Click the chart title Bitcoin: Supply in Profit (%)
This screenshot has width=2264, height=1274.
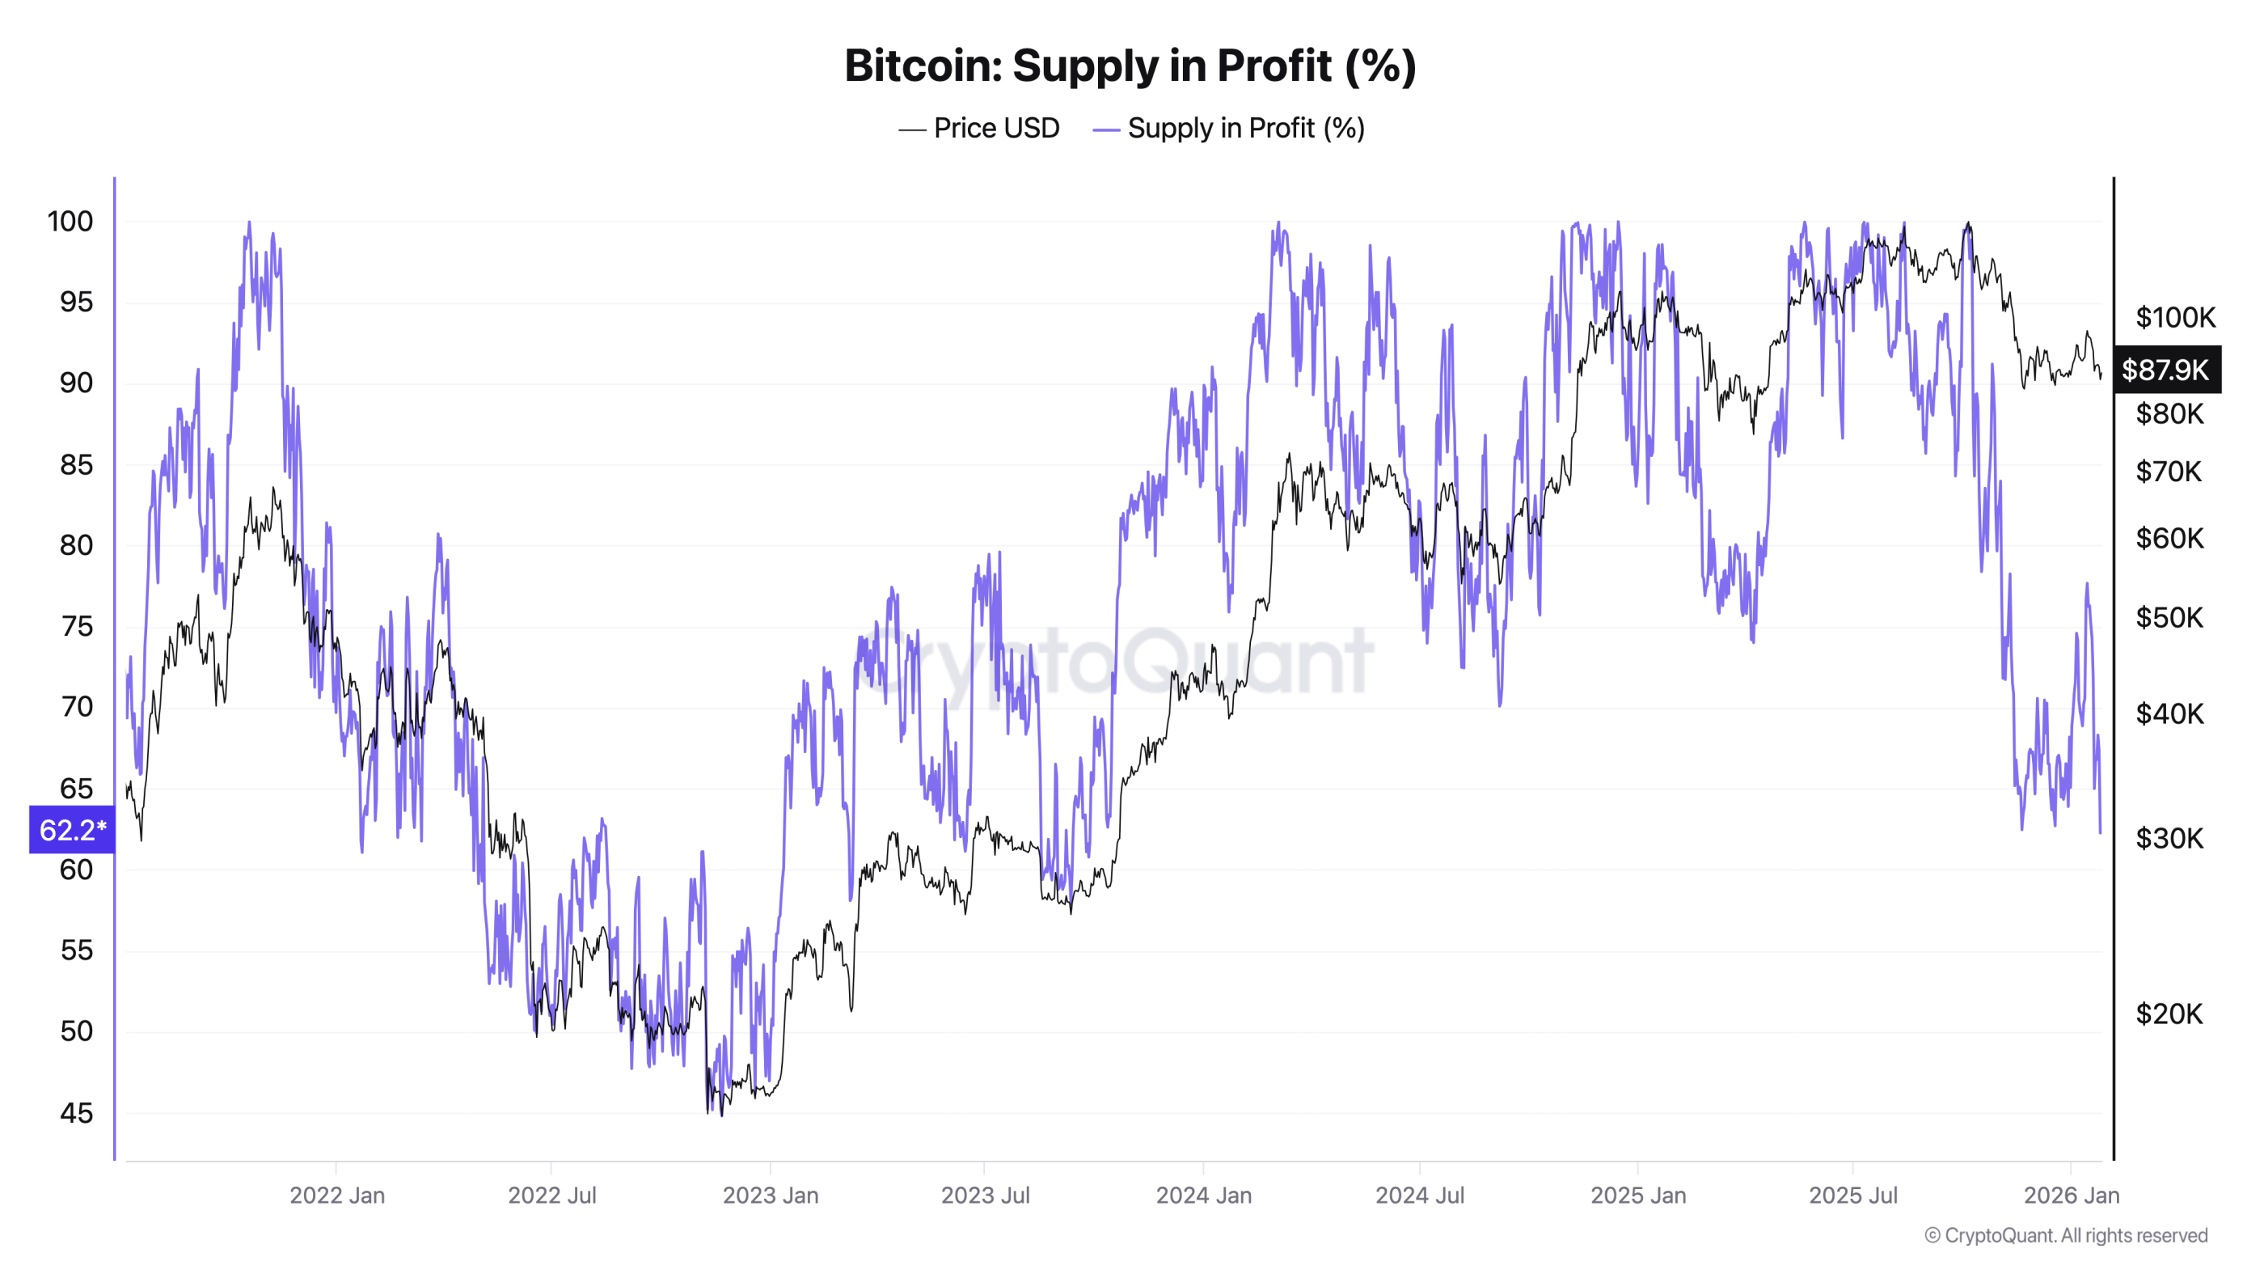[x=1130, y=66]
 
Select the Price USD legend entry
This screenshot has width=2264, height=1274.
[x=980, y=129]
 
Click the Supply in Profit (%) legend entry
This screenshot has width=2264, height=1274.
[x=1229, y=129]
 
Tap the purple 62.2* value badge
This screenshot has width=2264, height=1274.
[x=72, y=829]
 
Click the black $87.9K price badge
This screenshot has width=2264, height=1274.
[x=2165, y=370]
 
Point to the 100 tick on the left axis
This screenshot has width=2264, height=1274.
[x=70, y=222]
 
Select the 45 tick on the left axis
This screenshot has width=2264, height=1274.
[x=77, y=1113]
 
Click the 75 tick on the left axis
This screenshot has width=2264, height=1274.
[x=77, y=626]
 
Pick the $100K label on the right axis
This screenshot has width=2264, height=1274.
[x=2175, y=317]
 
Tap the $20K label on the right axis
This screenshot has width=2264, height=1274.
[x=2169, y=1014]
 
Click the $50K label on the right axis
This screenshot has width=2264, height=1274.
[x=2169, y=617]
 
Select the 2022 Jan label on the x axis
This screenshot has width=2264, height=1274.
[x=337, y=1195]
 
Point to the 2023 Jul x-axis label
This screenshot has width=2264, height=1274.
[x=985, y=1195]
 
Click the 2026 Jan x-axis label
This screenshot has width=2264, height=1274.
[x=2072, y=1195]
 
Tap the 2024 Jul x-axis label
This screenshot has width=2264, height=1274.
[x=1419, y=1195]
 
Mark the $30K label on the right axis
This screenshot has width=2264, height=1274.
[x=2169, y=838]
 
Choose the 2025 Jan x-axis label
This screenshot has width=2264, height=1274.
[x=1638, y=1195]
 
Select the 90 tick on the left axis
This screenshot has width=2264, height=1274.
[x=77, y=383]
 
